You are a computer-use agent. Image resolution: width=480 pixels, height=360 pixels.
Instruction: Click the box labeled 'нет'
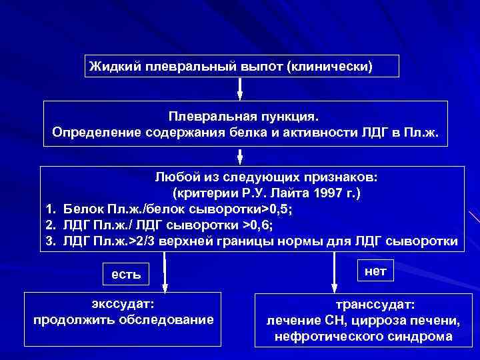(375, 269)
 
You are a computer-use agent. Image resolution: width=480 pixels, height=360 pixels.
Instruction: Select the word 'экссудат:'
(123, 304)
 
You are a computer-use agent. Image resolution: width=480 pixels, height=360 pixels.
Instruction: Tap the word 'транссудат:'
(375, 305)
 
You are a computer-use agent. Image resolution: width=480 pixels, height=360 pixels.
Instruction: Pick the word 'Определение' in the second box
(92, 131)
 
